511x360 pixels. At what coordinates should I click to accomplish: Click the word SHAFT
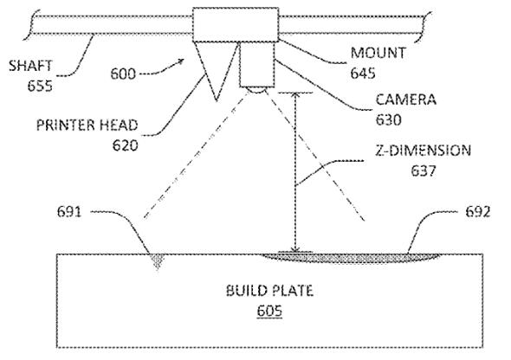tap(30, 66)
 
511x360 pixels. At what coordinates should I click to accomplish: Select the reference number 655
tap(40, 87)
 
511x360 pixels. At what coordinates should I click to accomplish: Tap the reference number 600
tap(122, 74)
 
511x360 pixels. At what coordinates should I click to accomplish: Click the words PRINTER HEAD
tap(87, 125)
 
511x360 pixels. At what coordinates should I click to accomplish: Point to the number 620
tap(125, 145)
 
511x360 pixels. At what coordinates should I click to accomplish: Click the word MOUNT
tap(378, 53)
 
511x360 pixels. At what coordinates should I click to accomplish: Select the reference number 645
tap(363, 73)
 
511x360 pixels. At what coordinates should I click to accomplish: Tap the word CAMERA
tap(405, 100)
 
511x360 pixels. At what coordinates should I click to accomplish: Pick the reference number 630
tap(389, 119)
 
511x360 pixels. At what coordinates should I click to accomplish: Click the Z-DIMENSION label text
tap(423, 151)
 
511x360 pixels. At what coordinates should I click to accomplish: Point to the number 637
tap(424, 170)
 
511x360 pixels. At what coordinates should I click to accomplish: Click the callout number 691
tap(69, 212)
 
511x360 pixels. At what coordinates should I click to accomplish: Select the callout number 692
tap(478, 212)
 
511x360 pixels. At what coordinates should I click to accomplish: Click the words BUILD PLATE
tap(269, 291)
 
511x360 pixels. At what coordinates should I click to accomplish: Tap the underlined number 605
tap(269, 311)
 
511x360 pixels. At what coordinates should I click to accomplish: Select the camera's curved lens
tap(256, 89)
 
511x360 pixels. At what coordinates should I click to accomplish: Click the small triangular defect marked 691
tap(158, 260)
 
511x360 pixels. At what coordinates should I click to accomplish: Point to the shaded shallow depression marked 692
tap(352, 258)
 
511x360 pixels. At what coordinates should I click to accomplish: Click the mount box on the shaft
tap(236, 24)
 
